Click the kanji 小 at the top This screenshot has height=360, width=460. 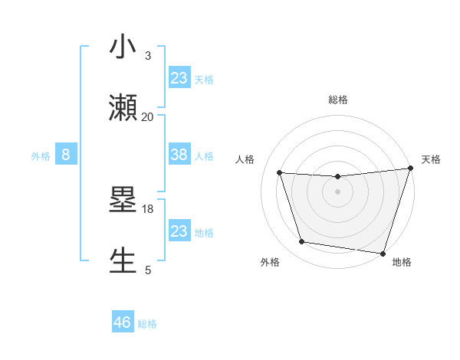pyautogui.click(x=123, y=47)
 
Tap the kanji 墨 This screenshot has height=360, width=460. pyautogui.click(x=123, y=201)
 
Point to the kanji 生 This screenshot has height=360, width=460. pyautogui.click(x=123, y=261)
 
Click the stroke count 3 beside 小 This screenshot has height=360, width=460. pyautogui.click(x=147, y=55)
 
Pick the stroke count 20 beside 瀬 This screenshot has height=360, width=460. pyautogui.click(x=147, y=116)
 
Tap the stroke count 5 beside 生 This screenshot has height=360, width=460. pyautogui.click(x=148, y=270)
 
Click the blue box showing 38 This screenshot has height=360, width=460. pyautogui.click(x=179, y=155)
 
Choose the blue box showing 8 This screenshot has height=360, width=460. pyautogui.click(x=66, y=155)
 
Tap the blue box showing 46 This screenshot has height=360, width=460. pyautogui.click(x=123, y=322)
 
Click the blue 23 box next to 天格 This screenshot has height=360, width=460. pyautogui.click(x=179, y=77)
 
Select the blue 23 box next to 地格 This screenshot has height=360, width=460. pyautogui.click(x=179, y=231)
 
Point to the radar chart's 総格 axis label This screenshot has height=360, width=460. pyautogui.click(x=337, y=100)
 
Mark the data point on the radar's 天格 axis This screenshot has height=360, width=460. pyautogui.click(x=410, y=169)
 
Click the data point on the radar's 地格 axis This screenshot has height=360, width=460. pyautogui.click(x=383, y=253)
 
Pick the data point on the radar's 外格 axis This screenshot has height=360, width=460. pyautogui.click(x=302, y=242)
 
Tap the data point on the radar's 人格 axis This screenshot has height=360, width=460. pyautogui.click(x=280, y=173)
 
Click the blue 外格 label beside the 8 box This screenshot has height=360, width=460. pyautogui.click(x=41, y=155)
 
